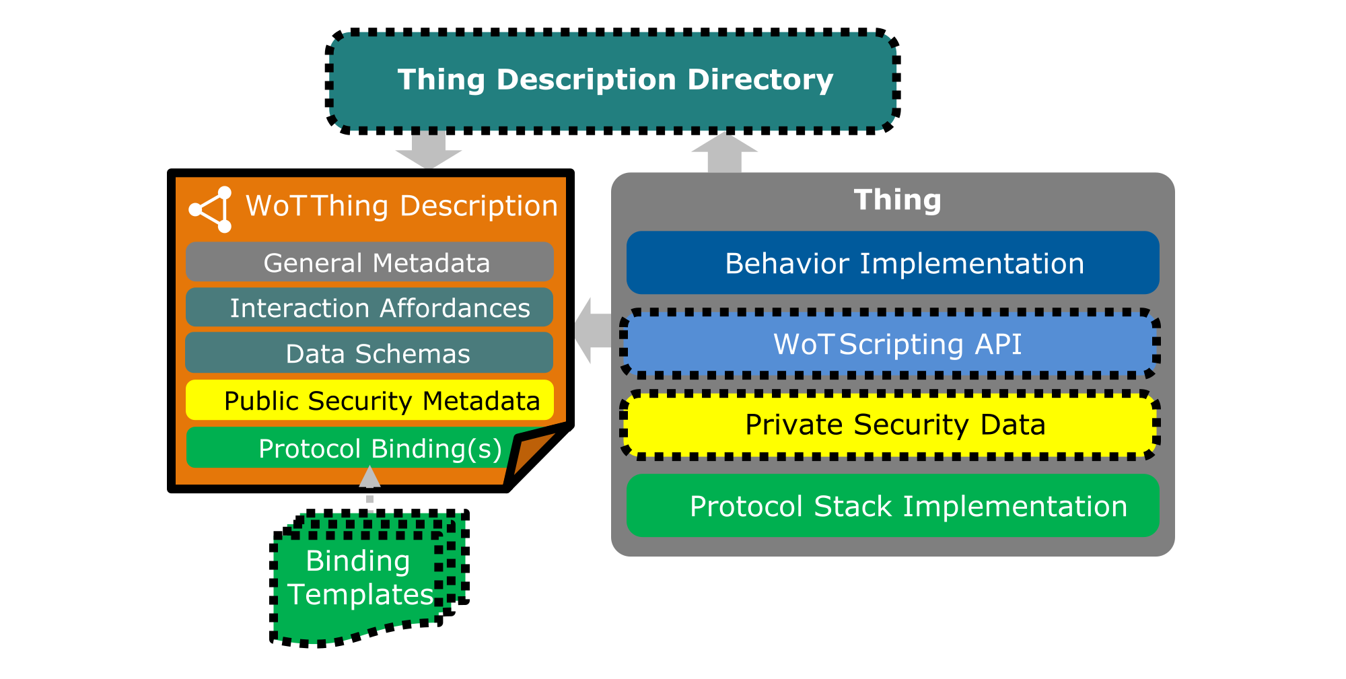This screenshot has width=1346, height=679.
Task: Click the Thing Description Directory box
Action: [612, 81]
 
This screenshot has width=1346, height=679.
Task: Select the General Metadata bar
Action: [369, 262]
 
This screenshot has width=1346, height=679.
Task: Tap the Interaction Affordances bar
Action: [369, 308]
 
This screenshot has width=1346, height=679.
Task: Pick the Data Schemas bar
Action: [369, 353]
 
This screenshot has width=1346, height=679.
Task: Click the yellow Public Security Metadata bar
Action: [369, 400]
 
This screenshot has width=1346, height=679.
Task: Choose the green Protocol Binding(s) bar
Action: [350, 448]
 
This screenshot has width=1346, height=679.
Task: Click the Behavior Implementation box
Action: [892, 263]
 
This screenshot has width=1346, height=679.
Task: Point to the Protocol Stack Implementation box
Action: [892, 506]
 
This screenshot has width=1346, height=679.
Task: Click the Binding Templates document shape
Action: [363, 579]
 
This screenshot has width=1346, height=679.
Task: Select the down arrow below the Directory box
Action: [429, 150]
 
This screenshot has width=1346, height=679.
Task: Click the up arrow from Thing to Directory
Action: [725, 153]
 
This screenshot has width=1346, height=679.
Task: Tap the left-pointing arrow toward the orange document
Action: [592, 330]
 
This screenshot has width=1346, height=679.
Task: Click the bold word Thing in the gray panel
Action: [897, 201]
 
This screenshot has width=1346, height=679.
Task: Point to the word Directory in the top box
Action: [760, 80]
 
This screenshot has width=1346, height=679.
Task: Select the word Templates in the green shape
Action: [361, 595]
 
